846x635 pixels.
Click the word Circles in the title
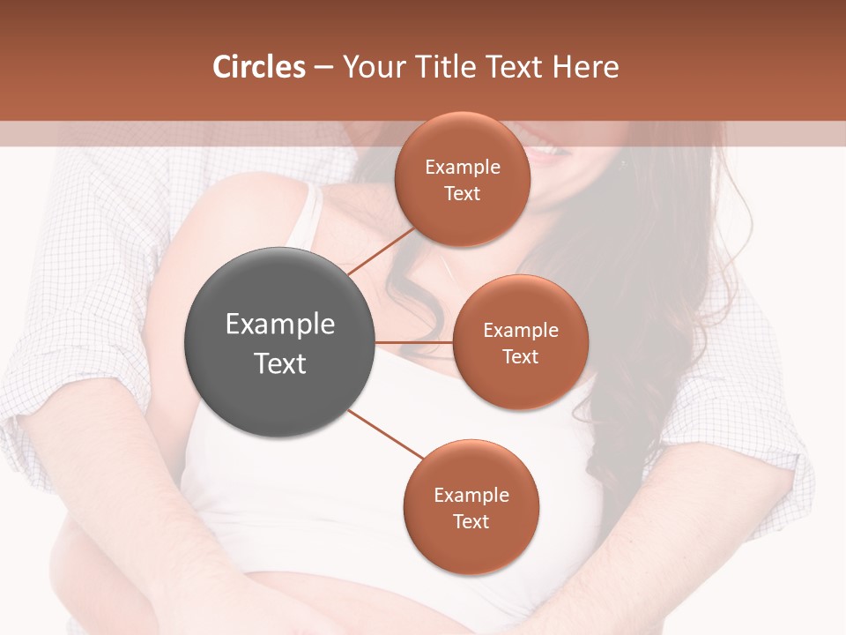[259, 67]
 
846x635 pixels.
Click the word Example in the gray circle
[280, 324]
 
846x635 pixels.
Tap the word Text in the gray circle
[280, 363]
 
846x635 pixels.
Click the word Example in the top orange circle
[463, 168]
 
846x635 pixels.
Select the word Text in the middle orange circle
[521, 356]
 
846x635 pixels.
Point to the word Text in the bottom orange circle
[471, 521]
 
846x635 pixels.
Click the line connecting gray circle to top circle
[381, 250]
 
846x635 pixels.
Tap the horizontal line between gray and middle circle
[414, 342]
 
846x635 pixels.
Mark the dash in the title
[323, 68]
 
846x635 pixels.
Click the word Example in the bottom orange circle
[471, 495]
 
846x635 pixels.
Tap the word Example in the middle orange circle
[521, 331]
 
